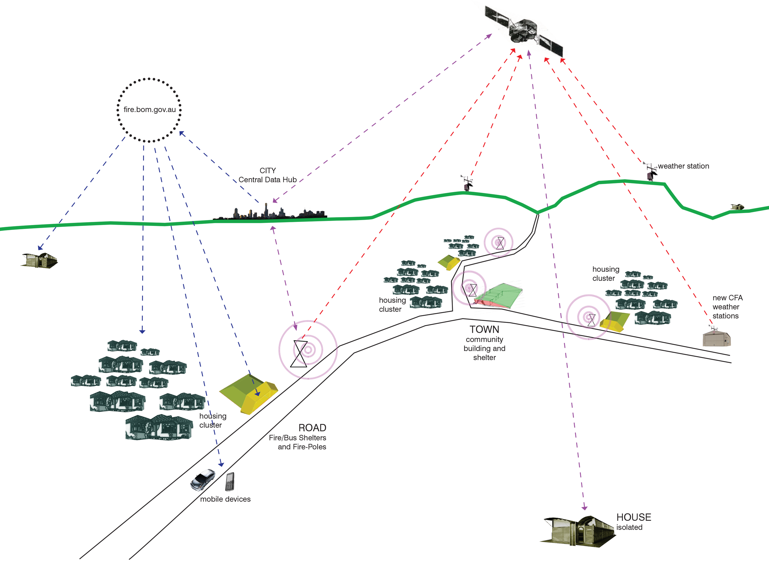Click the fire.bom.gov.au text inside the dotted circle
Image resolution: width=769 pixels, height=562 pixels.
[149, 110]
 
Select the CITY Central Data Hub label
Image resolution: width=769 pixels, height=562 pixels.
[268, 175]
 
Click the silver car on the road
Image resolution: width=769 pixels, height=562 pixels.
[203, 480]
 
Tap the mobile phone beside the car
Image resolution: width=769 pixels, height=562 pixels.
[230, 481]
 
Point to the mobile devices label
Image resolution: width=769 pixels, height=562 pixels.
[225, 499]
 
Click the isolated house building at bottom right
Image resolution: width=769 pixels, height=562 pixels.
[578, 531]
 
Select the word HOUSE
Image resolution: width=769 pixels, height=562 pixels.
[634, 517]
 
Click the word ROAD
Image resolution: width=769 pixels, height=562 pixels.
[312, 428]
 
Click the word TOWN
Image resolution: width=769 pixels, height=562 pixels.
[484, 329]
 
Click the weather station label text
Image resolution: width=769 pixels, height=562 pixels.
[683, 166]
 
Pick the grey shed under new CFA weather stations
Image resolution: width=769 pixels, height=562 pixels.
[716, 339]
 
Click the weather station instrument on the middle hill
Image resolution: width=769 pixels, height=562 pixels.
[467, 184]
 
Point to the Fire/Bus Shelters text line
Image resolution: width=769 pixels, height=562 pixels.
[297, 438]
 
